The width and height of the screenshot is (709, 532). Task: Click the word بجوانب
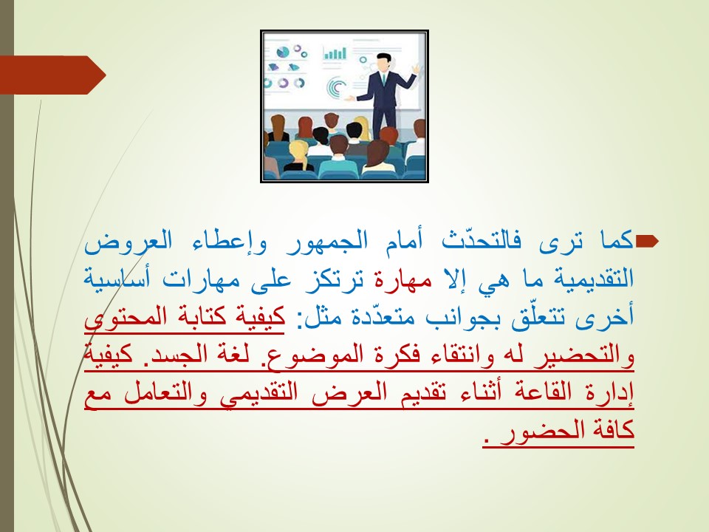point(456,317)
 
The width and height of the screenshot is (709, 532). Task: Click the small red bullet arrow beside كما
point(647,242)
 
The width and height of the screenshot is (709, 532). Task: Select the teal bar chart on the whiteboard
point(335,54)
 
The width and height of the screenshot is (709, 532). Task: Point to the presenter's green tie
point(383,79)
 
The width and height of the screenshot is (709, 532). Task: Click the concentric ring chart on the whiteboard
point(337,87)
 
